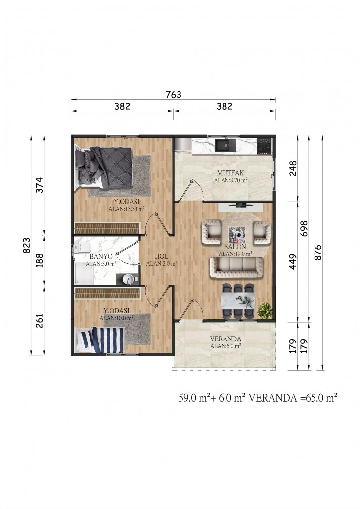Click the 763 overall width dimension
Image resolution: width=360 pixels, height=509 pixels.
(x=173, y=95)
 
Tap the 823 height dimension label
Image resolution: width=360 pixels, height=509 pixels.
(x=27, y=246)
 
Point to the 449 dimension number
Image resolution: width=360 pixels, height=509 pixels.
(x=293, y=262)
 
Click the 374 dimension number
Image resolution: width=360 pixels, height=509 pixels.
(x=39, y=185)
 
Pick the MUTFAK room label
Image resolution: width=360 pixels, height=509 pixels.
(x=230, y=173)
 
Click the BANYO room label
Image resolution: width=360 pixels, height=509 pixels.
(x=101, y=257)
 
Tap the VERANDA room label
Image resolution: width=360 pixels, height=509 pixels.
(x=225, y=339)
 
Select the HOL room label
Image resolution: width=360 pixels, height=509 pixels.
(x=162, y=257)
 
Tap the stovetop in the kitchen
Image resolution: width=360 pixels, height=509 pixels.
(x=264, y=146)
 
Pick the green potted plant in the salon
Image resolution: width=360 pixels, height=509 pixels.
(x=265, y=310)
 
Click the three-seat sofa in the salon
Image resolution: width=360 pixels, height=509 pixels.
(x=236, y=267)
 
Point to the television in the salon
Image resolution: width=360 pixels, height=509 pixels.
(x=241, y=205)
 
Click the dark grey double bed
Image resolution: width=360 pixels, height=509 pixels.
(x=104, y=168)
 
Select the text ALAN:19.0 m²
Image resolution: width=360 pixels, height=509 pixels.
(x=236, y=254)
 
